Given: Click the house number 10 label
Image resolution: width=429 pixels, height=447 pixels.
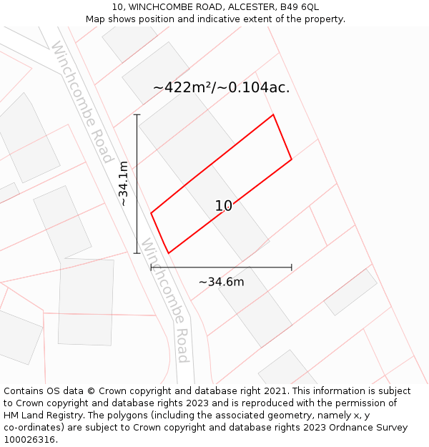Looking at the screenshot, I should (224, 206).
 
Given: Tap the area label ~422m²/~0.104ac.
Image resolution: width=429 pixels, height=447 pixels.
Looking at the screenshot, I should (221, 88).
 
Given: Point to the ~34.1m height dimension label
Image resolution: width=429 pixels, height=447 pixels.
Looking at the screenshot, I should (123, 183).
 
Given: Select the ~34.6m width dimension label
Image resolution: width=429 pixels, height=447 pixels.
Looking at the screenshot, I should (221, 282).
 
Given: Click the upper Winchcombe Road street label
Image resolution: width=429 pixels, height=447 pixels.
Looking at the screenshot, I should (82, 102).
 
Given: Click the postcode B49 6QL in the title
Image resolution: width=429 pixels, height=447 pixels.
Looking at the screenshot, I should (299, 7).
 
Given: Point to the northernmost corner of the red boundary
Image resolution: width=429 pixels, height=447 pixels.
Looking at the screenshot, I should (273, 114).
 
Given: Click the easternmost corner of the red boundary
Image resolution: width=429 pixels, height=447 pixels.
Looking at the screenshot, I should (292, 159).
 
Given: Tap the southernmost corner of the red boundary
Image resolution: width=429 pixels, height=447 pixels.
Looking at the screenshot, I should (169, 252).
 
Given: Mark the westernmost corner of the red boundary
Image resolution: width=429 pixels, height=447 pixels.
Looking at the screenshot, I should (151, 212).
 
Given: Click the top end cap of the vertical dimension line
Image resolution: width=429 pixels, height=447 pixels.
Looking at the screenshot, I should (137, 114).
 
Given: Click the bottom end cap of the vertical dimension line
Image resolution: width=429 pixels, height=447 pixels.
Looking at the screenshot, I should (137, 252).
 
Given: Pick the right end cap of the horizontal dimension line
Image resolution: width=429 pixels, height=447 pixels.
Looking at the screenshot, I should (292, 267).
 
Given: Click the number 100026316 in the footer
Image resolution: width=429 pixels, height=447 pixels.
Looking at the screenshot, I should (28, 439).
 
